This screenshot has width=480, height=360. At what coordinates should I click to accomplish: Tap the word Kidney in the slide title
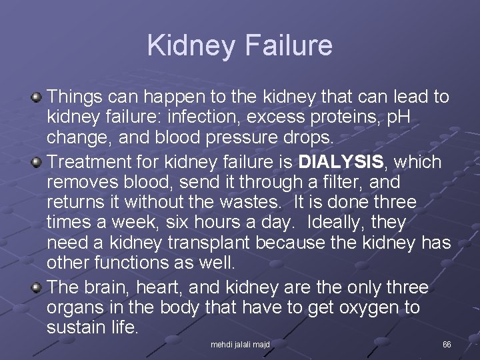[x=190, y=45]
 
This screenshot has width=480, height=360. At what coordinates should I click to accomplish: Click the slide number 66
[x=447, y=345]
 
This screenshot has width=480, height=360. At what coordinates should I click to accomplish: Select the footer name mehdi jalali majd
[x=240, y=345]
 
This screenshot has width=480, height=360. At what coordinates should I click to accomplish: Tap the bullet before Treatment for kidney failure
[x=37, y=162]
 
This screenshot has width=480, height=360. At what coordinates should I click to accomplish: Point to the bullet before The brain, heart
[x=37, y=287]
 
